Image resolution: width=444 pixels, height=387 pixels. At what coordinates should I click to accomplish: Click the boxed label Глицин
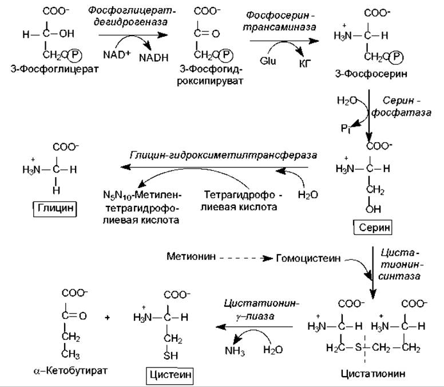tap(55, 209)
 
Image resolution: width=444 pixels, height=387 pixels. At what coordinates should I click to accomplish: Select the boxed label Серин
tap(373, 227)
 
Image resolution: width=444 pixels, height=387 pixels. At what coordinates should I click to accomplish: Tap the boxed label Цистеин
tap(170, 376)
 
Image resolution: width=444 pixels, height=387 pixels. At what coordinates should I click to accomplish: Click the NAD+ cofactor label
tap(116, 54)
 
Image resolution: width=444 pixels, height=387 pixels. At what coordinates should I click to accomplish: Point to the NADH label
tap(154, 58)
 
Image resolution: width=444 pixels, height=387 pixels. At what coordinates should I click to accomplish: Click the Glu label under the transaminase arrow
tap(268, 61)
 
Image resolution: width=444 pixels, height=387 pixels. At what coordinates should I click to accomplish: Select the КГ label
tap(305, 64)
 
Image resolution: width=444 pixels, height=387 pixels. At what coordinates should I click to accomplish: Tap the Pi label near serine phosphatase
tap(346, 128)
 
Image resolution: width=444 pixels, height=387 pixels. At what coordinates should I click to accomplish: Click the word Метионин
tap(191, 256)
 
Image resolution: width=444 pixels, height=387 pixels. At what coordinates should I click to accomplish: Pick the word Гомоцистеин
tap(308, 259)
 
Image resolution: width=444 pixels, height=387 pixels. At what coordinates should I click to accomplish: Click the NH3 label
tap(235, 351)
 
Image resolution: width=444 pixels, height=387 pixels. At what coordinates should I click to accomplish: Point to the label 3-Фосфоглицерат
tap(55, 69)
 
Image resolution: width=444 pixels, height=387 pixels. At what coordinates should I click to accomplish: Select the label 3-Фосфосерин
tap(371, 74)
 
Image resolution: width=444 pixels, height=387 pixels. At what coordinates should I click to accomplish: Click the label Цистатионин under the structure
tap(373, 373)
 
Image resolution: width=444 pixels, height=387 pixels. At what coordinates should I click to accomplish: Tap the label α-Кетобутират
tap(70, 370)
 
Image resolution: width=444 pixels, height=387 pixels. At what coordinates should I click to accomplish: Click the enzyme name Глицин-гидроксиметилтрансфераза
tap(223, 155)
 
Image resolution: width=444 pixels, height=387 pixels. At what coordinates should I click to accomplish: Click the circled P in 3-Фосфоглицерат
tap(75, 55)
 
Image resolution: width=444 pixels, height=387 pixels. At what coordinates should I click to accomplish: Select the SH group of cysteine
tap(171, 355)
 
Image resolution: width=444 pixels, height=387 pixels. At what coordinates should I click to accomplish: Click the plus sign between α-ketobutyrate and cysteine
tap(107, 318)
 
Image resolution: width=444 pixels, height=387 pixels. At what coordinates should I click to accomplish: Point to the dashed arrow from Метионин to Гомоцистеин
tap(245, 259)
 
